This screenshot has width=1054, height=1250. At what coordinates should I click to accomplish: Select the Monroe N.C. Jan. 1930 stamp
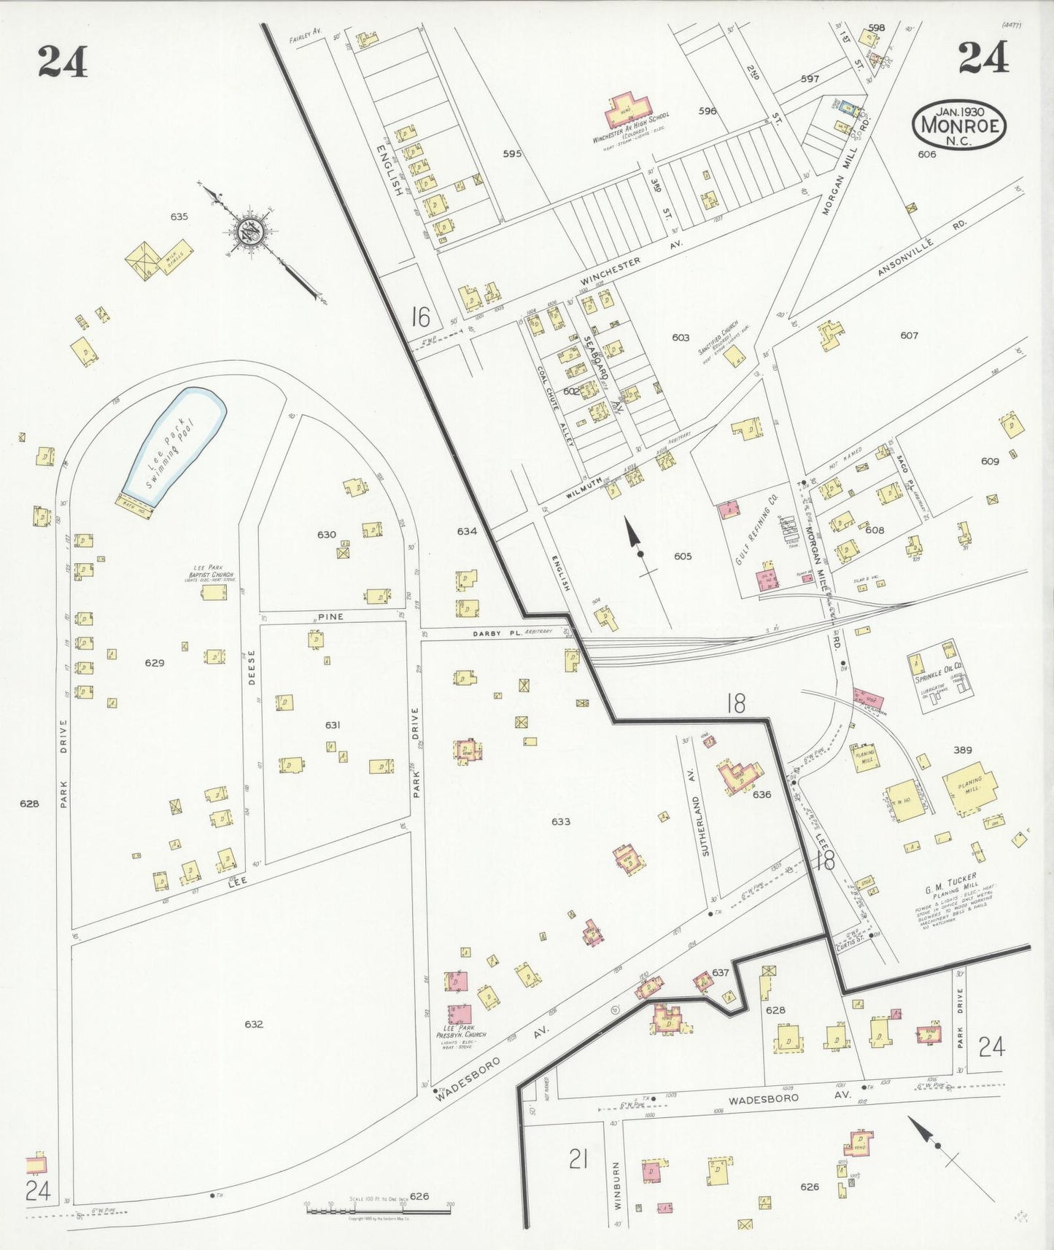coord(958,125)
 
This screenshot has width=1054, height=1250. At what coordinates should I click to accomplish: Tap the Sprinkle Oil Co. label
coord(939,668)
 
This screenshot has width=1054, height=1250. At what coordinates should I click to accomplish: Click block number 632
coord(253,1024)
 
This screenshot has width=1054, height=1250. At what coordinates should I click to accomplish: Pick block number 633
coord(560,822)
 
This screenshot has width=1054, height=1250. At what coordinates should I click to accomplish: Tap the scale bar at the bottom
coord(379,1211)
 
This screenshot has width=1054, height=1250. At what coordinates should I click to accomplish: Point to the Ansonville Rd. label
coord(922,249)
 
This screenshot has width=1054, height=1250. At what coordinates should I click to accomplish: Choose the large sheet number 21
coord(578,1159)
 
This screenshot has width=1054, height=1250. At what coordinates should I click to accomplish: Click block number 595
coord(512,154)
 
